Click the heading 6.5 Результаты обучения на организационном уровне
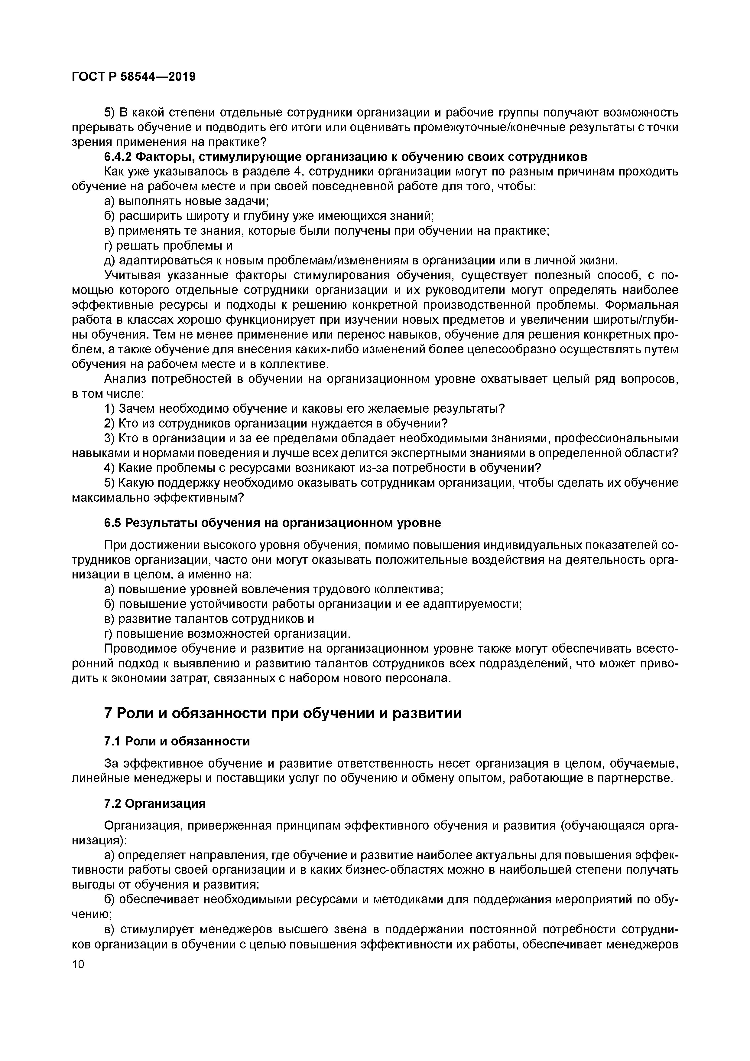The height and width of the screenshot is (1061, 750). point(272,523)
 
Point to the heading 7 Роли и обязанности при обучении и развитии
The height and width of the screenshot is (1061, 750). point(283,713)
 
